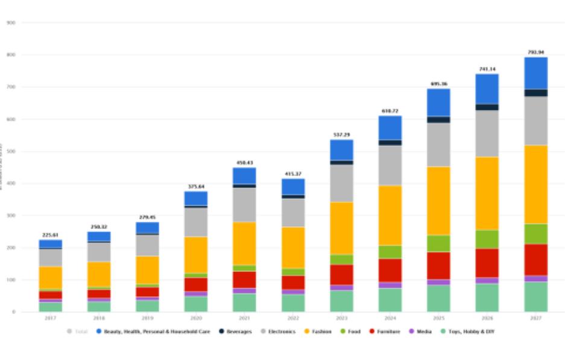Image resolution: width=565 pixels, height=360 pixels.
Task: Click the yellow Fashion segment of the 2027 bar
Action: tap(535, 184)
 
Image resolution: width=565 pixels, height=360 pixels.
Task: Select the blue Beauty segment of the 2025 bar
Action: tap(438, 102)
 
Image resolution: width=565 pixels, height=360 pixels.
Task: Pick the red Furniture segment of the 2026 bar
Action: tap(487, 262)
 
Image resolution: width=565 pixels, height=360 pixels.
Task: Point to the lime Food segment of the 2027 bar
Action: tap(535, 233)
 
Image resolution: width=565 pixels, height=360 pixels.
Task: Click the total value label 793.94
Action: tap(535, 52)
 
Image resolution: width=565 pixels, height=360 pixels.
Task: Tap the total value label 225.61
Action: tap(51, 235)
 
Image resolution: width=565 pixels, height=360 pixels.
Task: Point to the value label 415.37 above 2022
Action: tap(292, 174)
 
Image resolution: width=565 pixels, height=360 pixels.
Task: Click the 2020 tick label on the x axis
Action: tap(195, 318)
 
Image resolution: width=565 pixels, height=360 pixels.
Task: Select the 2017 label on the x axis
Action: tap(51, 318)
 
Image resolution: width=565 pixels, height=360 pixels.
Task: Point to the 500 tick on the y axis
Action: tap(13, 151)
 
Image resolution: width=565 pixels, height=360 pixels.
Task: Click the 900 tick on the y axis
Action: tap(13, 23)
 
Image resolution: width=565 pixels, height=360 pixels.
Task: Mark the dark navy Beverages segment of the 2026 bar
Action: tap(487, 107)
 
